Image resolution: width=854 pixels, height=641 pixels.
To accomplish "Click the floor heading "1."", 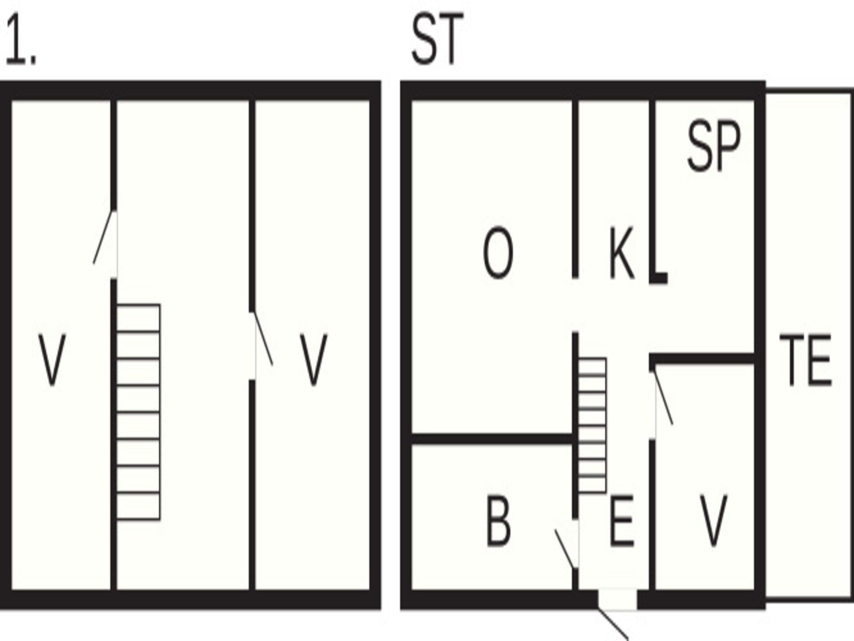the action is (x=20, y=40).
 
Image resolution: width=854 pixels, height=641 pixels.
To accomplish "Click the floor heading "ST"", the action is (x=438, y=40).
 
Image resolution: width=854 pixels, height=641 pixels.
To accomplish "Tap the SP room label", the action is (x=714, y=146).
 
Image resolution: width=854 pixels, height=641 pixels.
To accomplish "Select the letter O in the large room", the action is (x=498, y=252).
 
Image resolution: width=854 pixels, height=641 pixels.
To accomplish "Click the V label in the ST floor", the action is (x=713, y=520).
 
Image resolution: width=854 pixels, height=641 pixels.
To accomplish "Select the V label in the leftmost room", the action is (x=52, y=360).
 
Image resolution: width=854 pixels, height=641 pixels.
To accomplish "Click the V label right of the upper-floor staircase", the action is (x=313, y=360).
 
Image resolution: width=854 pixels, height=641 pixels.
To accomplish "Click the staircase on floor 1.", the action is (x=138, y=412).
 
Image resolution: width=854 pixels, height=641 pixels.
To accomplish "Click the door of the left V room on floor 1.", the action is (x=104, y=237).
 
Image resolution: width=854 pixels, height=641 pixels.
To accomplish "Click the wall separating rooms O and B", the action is (x=492, y=438).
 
